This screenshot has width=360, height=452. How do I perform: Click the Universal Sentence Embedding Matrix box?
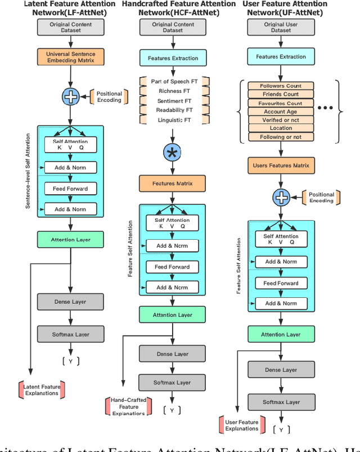(x=71, y=57)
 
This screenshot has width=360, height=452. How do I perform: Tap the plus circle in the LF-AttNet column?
(x=70, y=96)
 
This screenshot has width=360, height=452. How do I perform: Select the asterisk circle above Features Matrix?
(x=172, y=152)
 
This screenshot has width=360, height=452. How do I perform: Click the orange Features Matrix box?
(x=172, y=184)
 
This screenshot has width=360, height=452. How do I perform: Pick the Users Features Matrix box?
(x=281, y=165)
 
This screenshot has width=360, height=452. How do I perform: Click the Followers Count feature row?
(x=281, y=86)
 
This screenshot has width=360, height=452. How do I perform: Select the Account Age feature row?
(x=281, y=111)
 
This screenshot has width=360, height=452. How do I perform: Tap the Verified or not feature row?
(x=281, y=120)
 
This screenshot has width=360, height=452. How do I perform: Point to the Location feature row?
(x=281, y=128)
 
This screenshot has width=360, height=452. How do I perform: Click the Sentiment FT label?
(x=174, y=101)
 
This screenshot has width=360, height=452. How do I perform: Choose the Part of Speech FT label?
(x=174, y=82)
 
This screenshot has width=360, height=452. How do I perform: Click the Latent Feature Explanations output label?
(x=42, y=390)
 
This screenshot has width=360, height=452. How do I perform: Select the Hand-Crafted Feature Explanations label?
(x=128, y=406)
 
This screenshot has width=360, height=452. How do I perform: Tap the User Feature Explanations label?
(x=241, y=425)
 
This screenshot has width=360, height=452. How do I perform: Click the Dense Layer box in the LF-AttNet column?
(x=71, y=302)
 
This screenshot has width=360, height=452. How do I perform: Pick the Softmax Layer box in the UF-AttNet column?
(x=281, y=402)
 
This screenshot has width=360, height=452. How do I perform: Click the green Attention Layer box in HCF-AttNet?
(x=172, y=315)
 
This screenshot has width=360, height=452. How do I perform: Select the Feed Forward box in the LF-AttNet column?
(x=71, y=189)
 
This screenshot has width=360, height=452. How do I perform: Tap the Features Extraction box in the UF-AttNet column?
(x=281, y=56)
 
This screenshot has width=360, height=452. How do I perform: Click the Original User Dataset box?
(x=281, y=27)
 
